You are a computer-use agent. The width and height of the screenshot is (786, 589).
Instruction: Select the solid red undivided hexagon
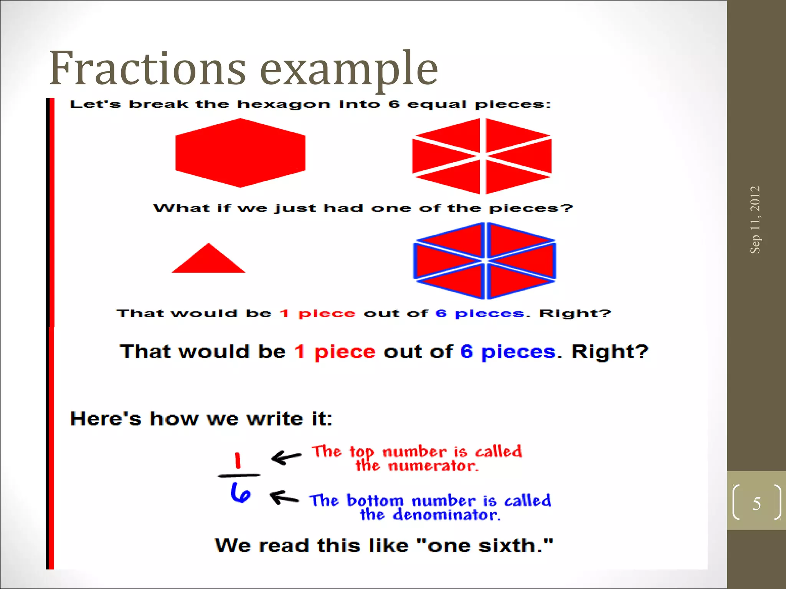[240, 153]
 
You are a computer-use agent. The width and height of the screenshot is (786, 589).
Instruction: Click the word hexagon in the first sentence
[284, 104]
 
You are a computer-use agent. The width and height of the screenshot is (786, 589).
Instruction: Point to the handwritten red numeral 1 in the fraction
[238, 460]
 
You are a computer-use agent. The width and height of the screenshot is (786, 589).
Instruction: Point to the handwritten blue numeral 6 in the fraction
[241, 493]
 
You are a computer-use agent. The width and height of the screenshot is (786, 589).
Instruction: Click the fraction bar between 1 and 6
[239, 475]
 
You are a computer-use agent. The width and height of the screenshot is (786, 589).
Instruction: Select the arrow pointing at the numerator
[286, 457]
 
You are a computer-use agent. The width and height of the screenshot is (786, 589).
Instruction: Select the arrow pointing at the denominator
[284, 497]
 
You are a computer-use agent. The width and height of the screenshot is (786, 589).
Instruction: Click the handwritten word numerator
[433, 466]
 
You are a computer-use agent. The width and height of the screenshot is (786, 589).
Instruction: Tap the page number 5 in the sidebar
[756, 503]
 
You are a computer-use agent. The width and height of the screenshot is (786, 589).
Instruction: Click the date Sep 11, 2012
[755, 220]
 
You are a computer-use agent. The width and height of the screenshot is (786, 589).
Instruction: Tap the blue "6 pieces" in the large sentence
[508, 352]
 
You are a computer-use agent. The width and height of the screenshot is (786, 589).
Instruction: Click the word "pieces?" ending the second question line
[530, 208]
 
